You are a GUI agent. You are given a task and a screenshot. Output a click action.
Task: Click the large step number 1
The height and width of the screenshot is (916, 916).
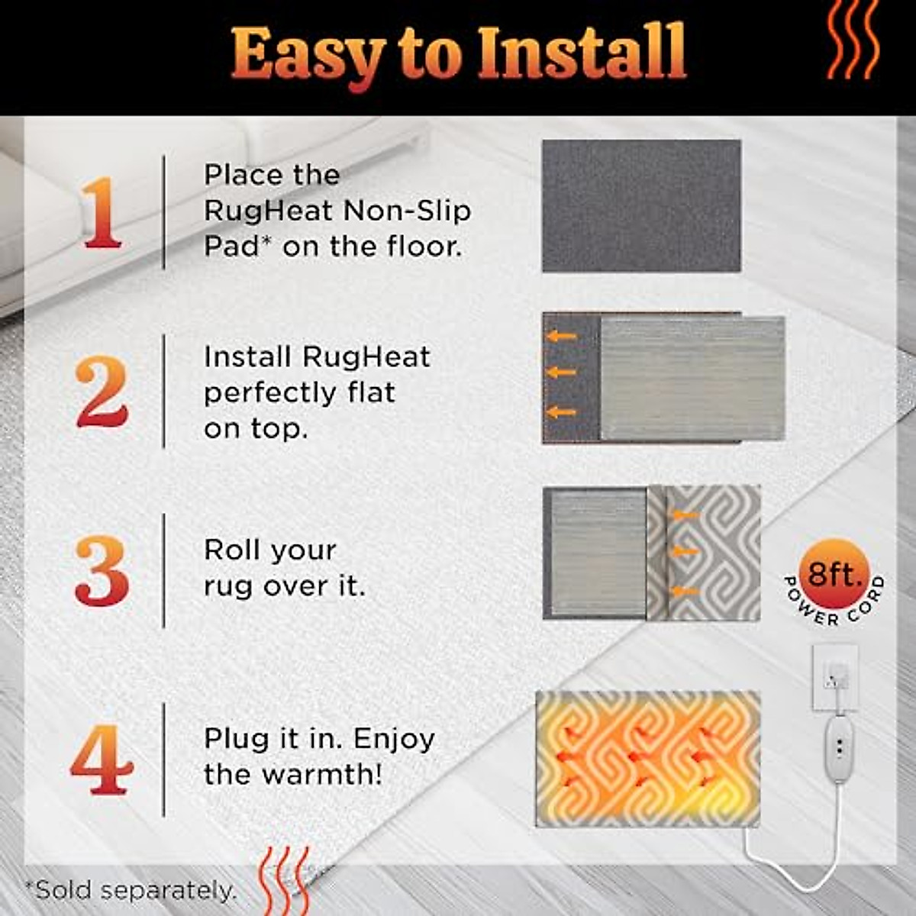click(102, 213)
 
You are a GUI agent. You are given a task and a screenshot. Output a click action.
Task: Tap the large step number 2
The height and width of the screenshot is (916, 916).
click(102, 392)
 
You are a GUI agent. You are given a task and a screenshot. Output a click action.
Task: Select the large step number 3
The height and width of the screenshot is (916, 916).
click(102, 571)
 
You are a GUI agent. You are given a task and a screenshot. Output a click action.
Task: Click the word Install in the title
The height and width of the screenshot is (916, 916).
click(582, 53)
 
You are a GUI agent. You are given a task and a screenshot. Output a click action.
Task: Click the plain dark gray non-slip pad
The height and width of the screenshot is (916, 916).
click(641, 205)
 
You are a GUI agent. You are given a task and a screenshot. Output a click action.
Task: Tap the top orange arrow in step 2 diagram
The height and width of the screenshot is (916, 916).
click(562, 336)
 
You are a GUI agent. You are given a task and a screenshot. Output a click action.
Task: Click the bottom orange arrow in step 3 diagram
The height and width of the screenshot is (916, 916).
click(685, 592)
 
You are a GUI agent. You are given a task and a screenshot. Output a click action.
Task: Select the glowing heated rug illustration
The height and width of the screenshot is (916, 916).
click(648, 760)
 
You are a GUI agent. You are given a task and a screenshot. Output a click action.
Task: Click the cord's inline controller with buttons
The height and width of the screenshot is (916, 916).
click(839, 747)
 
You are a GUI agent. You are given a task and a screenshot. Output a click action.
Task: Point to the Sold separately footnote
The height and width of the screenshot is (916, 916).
click(131, 890)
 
